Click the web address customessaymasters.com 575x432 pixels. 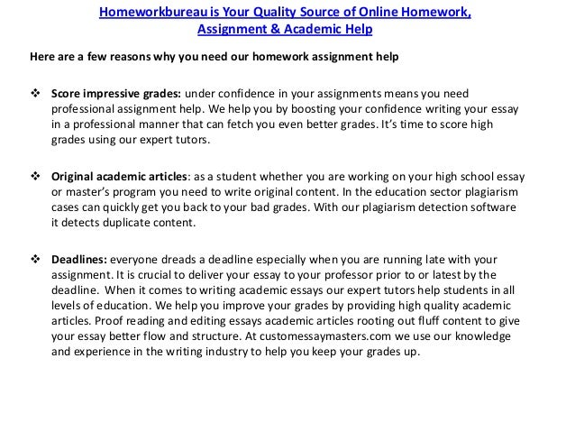coord(331,335)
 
